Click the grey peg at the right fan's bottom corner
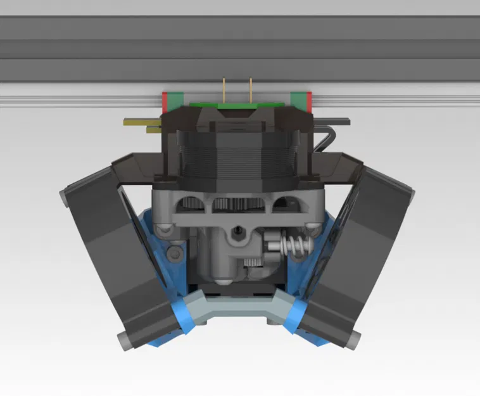(x=352, y=340)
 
